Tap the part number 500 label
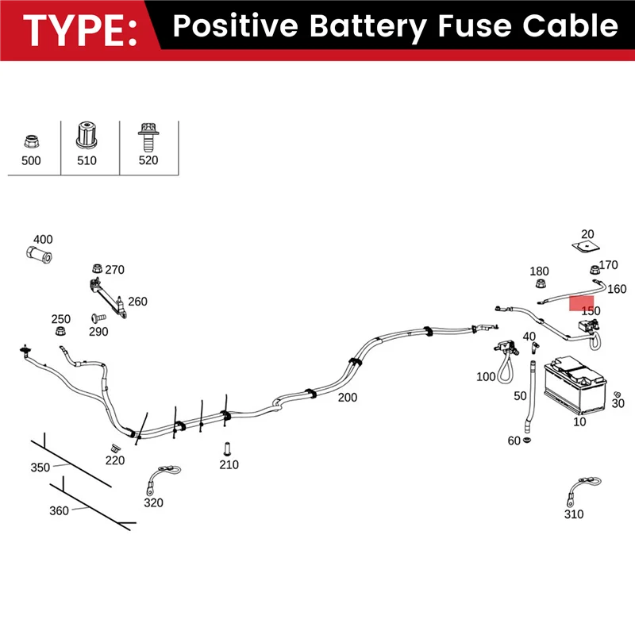pos(30,160)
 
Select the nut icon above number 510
pos(87,135)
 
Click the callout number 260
pos(137,302)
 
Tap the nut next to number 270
pos(96,267)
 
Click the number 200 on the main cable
pos(347,398)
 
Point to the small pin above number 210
pos(226,447)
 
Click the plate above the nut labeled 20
pos(587,247)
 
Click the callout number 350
pos(40,468)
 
